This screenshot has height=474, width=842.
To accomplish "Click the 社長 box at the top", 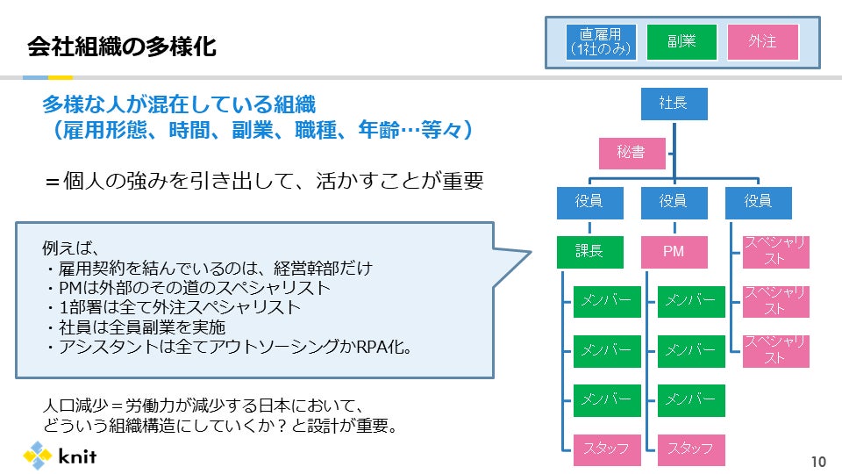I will [674, 104].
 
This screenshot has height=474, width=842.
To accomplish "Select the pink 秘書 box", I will [631, 154].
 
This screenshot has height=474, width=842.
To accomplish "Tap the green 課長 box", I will [589, 252].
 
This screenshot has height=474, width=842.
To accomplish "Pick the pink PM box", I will [674, 252].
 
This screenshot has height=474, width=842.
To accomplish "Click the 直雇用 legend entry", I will [600, 42].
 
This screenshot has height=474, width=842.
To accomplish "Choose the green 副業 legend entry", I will [681, 42].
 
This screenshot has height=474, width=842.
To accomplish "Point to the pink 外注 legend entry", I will [763, 42].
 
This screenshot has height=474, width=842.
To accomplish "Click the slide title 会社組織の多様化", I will [121, 45].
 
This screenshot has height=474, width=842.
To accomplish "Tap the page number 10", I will [818, 461].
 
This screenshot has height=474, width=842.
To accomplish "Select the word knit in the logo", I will [77, 456].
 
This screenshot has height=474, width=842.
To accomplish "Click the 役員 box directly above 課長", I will [589, 202].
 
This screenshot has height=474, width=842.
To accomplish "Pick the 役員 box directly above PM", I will [674, 202].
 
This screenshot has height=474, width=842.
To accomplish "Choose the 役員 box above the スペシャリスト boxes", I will [758, 202].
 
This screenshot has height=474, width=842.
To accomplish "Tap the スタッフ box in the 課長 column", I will [606, 449].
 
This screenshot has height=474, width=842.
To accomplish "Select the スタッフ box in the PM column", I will [690, 449].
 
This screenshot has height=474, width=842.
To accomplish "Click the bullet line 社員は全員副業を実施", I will [132, 327].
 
